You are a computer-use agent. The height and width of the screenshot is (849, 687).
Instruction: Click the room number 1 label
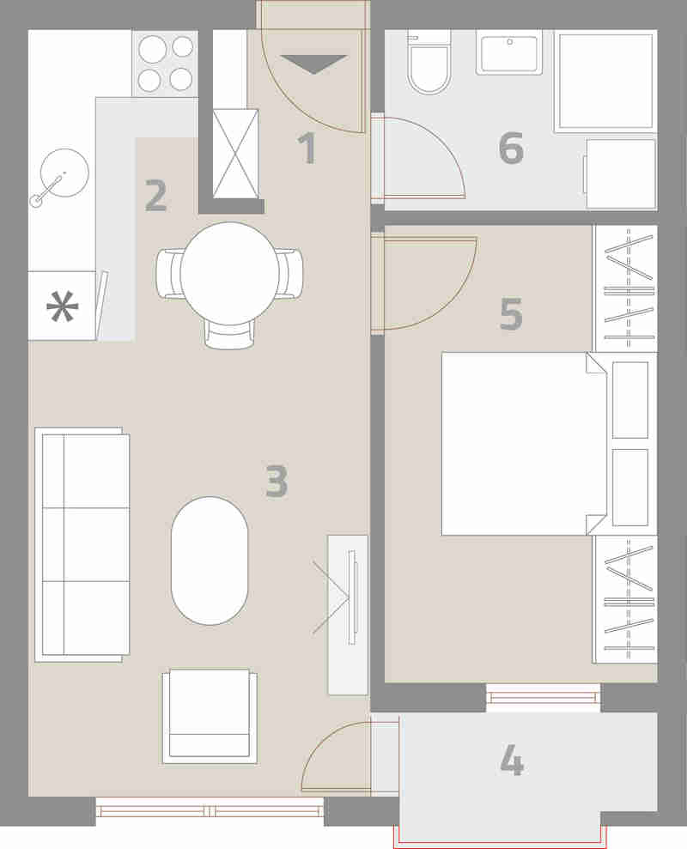(307, 148)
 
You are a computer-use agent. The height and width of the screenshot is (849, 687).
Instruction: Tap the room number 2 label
(156, 196)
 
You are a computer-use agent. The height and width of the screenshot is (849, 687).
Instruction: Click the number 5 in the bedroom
(511, 313)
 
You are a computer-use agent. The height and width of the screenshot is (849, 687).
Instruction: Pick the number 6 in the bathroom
(511, 148)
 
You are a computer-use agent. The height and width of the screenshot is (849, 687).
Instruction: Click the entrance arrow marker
(314, 64)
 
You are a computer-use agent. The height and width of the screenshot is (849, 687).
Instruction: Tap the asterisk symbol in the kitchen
(63, 306)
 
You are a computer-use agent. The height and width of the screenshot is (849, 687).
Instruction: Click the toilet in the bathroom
(429, 63)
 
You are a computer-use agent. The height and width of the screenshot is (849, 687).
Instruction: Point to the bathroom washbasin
(509, 52)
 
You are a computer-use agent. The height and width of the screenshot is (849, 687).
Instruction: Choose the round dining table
(230, 273)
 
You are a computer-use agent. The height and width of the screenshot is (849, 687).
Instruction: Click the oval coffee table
(210, 561)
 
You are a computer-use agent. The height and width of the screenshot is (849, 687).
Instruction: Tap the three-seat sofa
(82, 545)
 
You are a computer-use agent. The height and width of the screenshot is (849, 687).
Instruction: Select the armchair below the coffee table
(210, 716)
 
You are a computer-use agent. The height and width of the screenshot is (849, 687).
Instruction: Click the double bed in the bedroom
(525, 444)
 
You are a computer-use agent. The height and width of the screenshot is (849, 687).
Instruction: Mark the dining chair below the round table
(230, 334)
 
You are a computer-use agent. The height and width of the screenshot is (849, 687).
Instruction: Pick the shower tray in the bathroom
(605, 82)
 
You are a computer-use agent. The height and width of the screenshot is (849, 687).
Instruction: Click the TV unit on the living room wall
(348, 615)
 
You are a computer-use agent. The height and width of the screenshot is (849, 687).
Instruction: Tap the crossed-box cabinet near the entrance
(235, 154)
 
